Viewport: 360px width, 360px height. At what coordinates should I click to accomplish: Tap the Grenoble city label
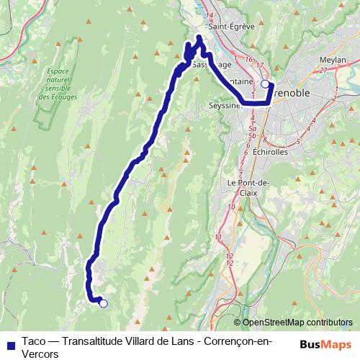point(297,93)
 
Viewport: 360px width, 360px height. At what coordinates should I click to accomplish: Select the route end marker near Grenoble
point(265,85)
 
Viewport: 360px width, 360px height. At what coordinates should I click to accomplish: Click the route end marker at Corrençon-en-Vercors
point(103,304)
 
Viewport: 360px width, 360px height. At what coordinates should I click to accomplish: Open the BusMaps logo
point(326,343)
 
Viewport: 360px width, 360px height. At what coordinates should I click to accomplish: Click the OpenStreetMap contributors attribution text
point(297,322)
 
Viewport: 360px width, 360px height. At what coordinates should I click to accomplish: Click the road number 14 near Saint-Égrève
point(210,15)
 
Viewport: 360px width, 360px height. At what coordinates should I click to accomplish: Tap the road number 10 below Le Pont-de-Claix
point(231,207)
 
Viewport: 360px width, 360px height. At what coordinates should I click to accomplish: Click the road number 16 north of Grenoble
point(248,59)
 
